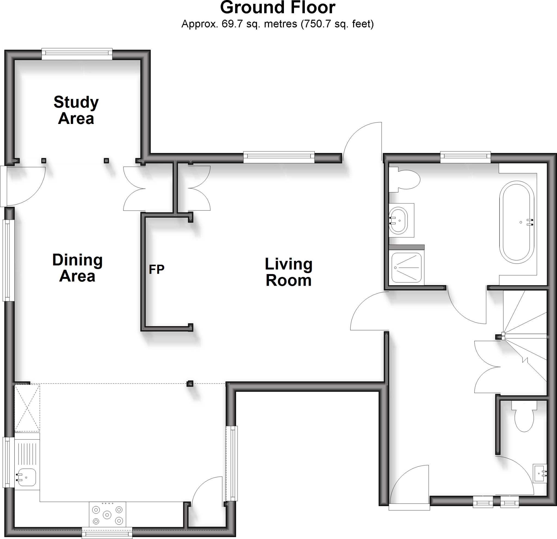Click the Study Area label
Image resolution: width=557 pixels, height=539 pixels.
point(76,110)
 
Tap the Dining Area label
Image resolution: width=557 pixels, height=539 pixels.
point(77,268)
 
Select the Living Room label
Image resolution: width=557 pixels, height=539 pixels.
point(289,272)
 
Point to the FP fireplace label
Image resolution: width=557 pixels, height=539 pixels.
point(157,269)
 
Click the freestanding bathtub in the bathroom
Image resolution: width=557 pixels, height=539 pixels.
point(516,222)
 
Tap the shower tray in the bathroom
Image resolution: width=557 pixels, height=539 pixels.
point(406,267)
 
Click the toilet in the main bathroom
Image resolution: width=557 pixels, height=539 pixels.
point(406,179)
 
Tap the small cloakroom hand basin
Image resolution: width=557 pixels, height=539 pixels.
point(539,473)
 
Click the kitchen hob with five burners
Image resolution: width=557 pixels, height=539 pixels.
point(107,514)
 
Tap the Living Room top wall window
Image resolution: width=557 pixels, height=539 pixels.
point(279,157)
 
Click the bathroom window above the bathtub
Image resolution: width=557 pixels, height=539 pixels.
point(465,157)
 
